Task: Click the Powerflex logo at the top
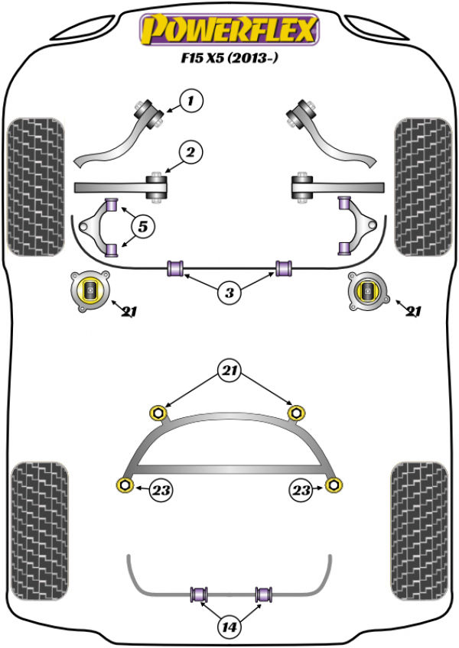point(227,30)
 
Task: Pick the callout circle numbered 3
point(228,291)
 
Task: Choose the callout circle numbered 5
point(142,226)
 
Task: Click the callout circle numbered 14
point(229,628)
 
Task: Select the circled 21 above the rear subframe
point(229,372)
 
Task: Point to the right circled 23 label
point(301,490)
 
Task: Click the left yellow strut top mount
point(90,290)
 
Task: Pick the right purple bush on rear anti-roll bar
point(264,593)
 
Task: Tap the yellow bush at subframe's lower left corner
point(123,484)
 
